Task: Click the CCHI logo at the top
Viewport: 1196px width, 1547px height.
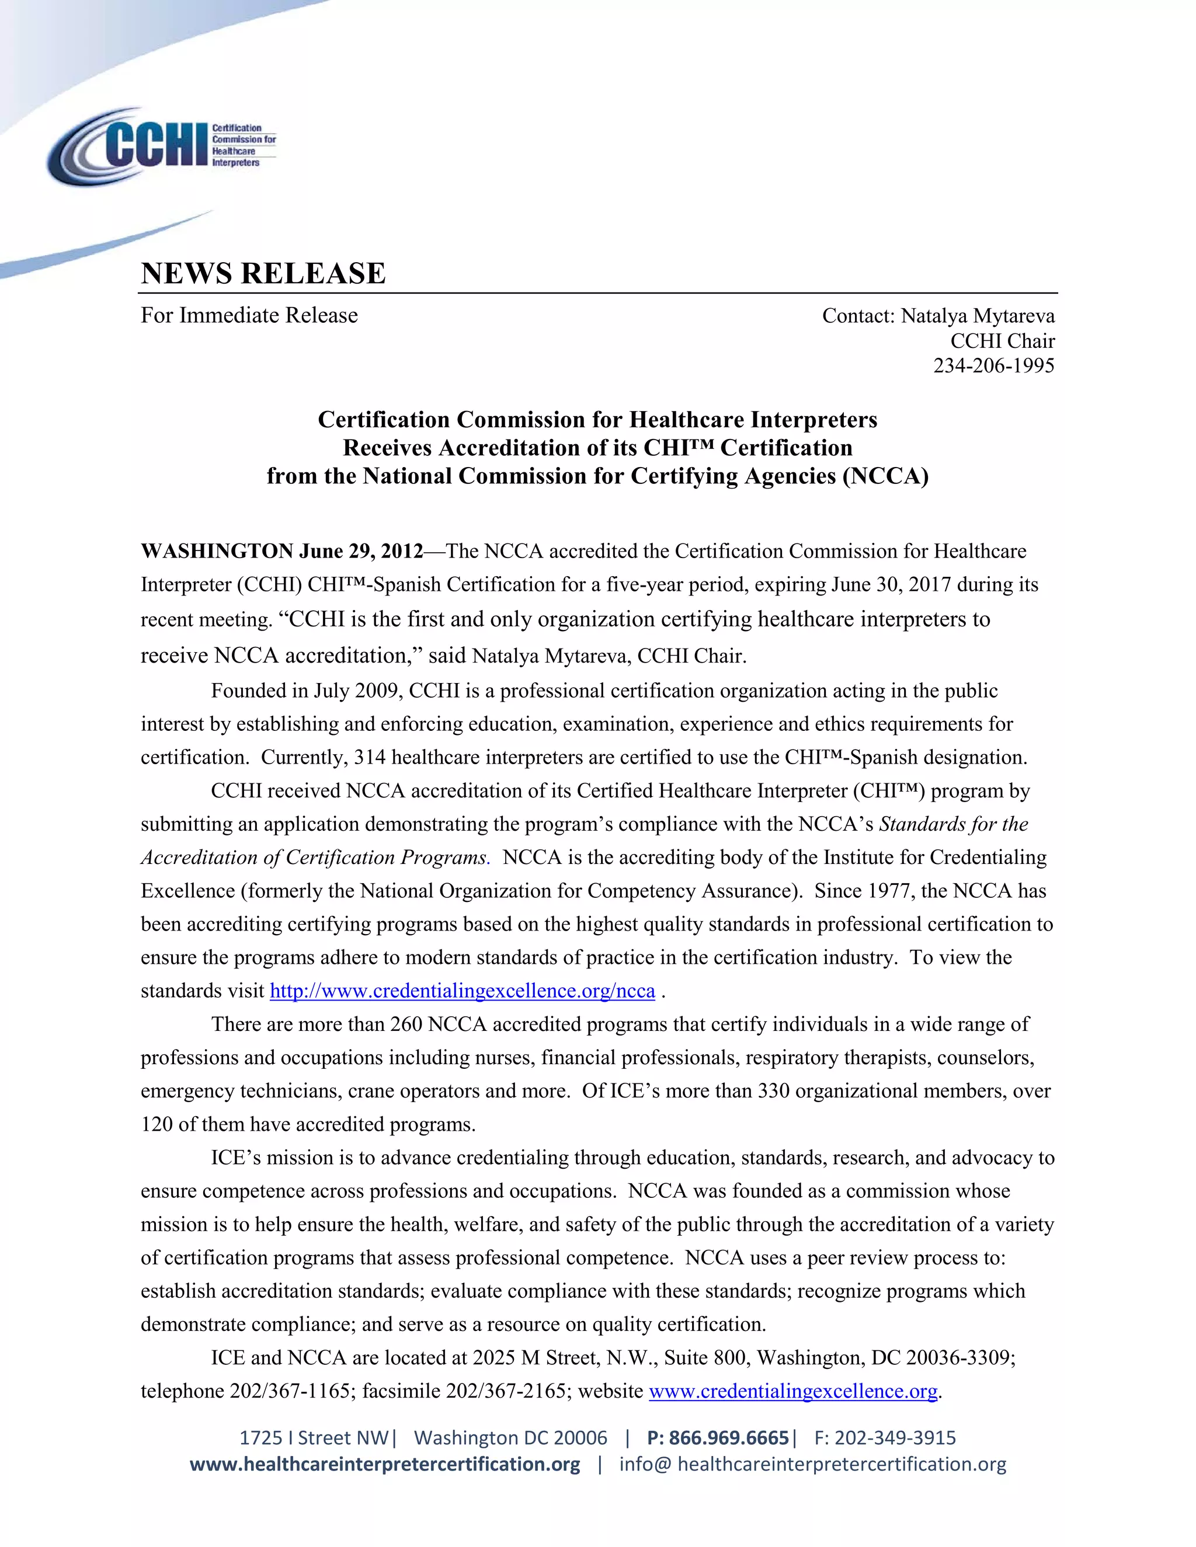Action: tap(162, 146)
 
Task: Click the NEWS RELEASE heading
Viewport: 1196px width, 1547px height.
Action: tap(263, 273)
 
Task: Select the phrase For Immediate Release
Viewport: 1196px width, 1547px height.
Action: tap(249, 315)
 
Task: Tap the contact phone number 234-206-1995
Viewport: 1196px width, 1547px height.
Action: tap(993, 365)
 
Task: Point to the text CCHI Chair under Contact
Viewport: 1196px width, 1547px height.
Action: tap(1002, 341)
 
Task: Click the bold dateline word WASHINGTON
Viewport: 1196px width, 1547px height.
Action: tap(216, 551)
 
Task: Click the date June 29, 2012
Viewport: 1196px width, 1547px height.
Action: tap(361, 551)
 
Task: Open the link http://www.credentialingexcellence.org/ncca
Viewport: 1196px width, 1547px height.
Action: tap(462, 990)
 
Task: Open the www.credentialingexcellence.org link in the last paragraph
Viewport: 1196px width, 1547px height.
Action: tap(793, 1391)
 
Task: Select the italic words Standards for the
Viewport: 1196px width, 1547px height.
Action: tap(953, 824)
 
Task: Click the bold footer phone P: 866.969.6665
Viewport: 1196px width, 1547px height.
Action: tap(717, 1437)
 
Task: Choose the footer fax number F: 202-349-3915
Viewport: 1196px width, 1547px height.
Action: tap(885, 1437)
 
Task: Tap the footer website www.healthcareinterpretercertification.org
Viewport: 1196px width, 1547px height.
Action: tap(385, 1464)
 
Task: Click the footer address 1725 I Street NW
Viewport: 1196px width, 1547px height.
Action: tap(313, 1437)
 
